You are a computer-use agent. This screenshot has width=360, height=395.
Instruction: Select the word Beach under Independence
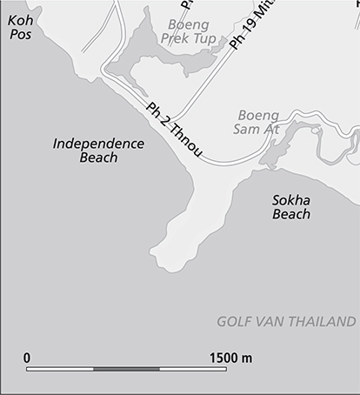click(x=98, y=158)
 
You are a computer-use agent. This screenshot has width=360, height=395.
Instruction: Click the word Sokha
click(x=291, y=199)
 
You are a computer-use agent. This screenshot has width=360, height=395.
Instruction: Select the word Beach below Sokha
click(x=291, y=214)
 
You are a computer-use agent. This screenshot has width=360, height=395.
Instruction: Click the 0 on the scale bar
click(x=28, y=357)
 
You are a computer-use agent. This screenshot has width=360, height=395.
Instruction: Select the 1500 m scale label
click(x=230, y=357)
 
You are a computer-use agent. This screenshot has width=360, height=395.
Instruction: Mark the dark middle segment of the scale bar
click(x=126, y=369)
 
